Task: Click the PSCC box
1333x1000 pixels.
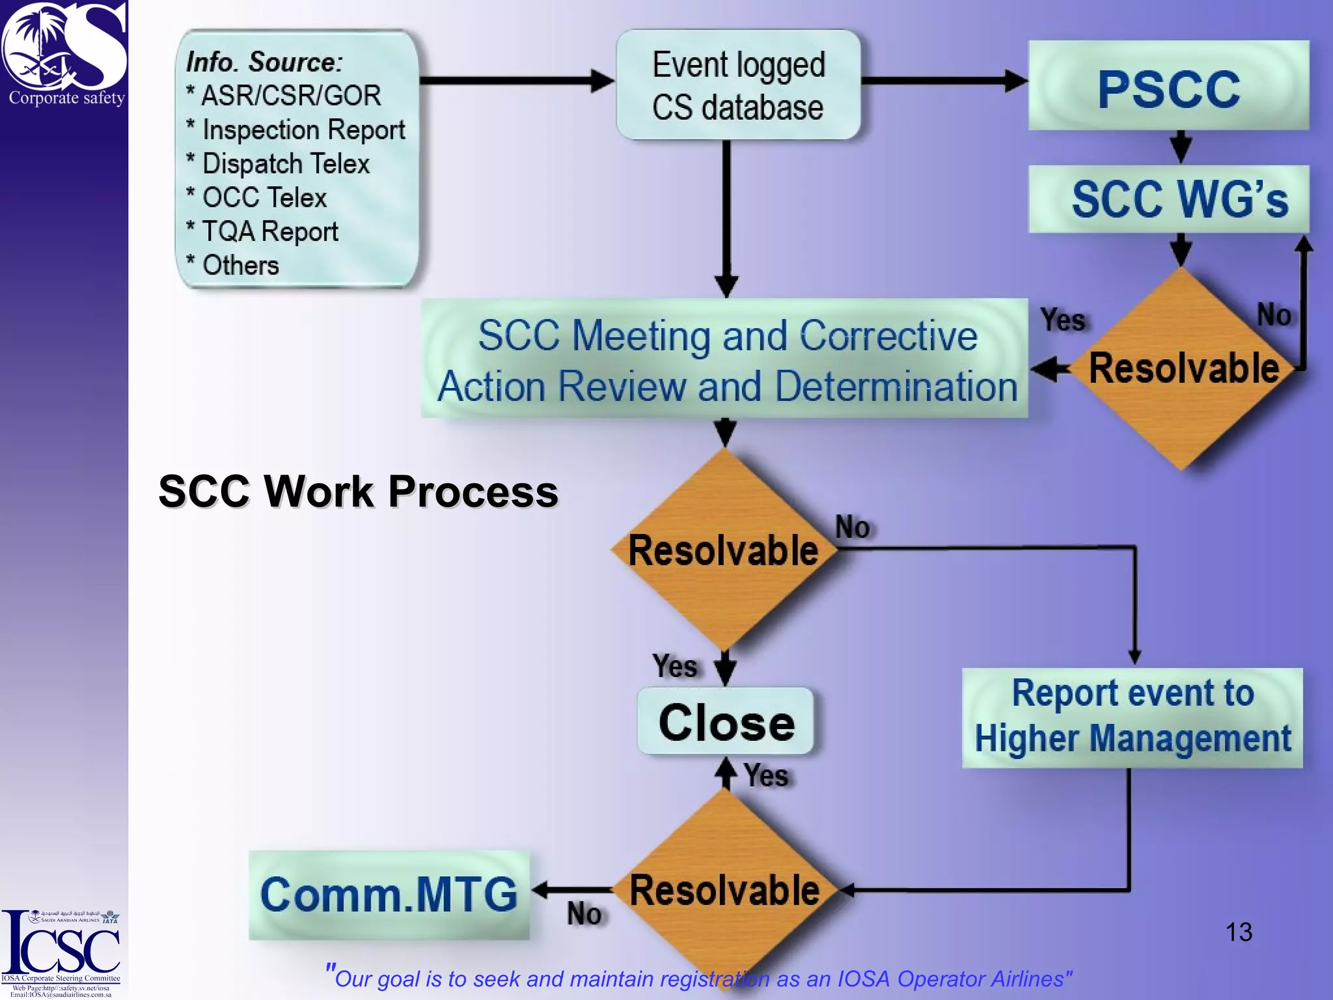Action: [1168, 86]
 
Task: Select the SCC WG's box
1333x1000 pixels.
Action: [1168, 199]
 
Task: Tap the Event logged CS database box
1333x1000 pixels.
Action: [738, 85]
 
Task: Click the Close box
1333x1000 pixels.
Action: [726, 721]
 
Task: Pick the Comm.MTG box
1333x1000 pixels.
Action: [389, 895]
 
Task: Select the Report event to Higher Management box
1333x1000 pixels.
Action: [1133, 717]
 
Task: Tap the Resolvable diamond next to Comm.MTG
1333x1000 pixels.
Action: [724, 891]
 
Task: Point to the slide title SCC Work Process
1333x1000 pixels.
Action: [358, 491]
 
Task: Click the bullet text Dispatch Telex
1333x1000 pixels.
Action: [286, 163]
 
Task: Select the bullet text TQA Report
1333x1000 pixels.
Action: [270, 231]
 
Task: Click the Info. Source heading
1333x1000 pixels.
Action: [264, 62]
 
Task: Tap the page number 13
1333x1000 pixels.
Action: [1238, 932]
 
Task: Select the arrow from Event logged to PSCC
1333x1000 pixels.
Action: [944, 81]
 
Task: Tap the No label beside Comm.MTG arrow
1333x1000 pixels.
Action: [584, 913]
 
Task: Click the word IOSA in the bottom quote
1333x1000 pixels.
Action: [862, 979]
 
